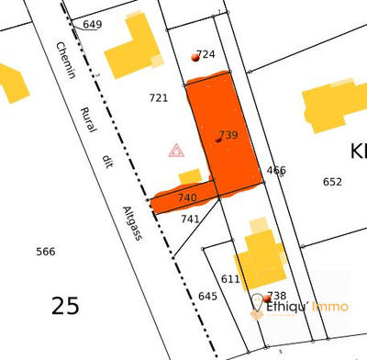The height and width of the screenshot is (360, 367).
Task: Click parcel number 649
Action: click(x=93, y=25)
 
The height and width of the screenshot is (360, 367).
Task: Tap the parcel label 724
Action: click(x=206, y=54)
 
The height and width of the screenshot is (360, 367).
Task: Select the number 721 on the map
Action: click(x=159, y=97)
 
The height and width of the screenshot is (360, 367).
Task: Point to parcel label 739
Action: click(x=228, y=135)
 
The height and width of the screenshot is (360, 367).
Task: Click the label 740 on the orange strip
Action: click(x=187, y=197)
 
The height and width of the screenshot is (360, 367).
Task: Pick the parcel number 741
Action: click(x=190, y=219)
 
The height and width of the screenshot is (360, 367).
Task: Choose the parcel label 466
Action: click(x=276, y=170)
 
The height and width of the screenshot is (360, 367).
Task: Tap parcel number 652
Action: click(x=332, y=182)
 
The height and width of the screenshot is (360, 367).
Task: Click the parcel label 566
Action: click(x=45, y=252)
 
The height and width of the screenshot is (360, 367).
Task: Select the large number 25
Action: click(x=65, y=305)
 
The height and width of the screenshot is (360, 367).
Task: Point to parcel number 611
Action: click(x=230, y=278)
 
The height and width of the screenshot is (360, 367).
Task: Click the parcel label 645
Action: click(x=207, y=296)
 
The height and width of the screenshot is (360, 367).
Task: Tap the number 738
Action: click(x=277, y=296)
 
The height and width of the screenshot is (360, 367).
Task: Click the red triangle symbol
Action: click(x=176, y=150)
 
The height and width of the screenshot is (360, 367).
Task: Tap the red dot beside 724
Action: click(x=195, y=57)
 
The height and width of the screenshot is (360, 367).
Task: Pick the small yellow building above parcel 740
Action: click(x=190, y=175)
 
